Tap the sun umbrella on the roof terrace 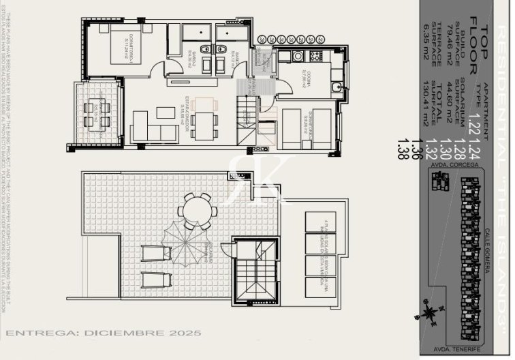tap(184, 243)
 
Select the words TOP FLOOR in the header tap(481, 48)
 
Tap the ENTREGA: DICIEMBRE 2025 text tap(104, 333)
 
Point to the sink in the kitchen tap(335, 88)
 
